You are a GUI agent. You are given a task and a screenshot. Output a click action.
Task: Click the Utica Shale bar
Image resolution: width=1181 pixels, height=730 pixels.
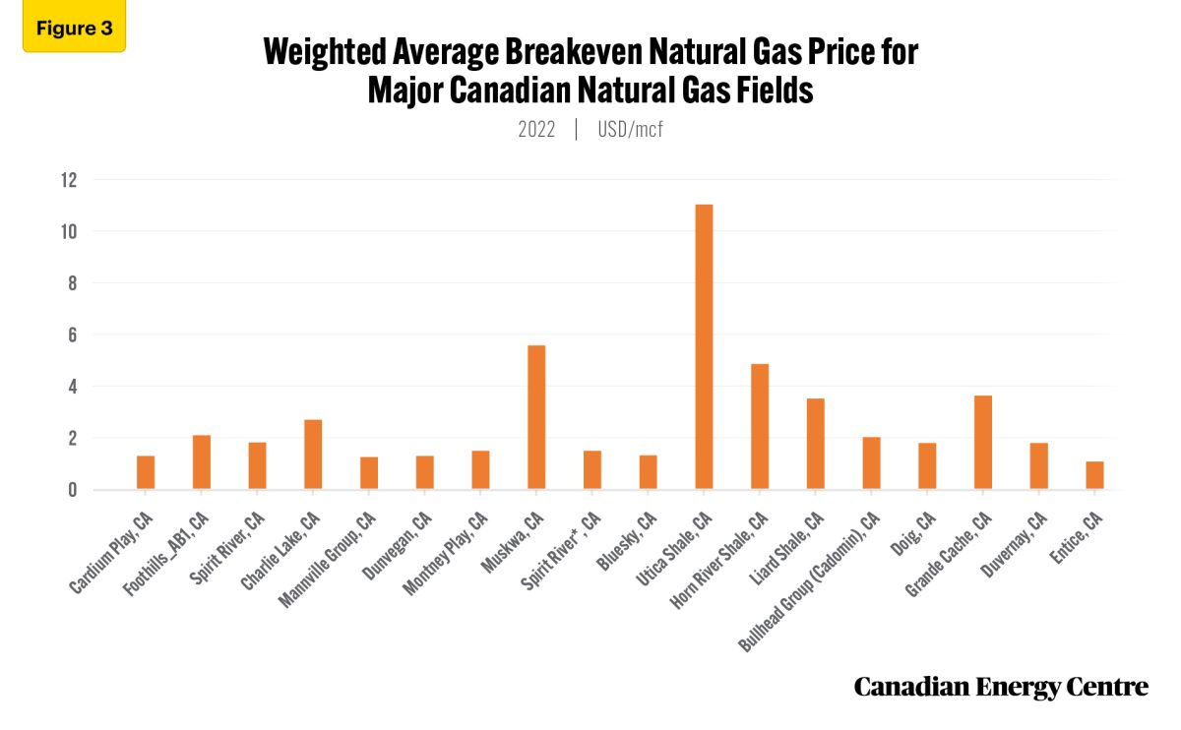tap(704, 346)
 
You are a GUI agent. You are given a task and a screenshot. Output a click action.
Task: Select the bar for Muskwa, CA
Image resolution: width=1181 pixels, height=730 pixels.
tap(536, 417)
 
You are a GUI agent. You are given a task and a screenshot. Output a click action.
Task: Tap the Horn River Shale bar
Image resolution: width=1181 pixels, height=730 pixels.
tap(759, 426)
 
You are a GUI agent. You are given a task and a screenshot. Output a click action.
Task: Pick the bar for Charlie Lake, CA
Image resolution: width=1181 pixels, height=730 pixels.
tap(313, 454)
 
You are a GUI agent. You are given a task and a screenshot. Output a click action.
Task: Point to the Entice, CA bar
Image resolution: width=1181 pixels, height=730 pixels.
tap(1094, 475)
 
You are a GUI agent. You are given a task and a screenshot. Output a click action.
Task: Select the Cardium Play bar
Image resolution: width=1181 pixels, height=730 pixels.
tap(146, 472)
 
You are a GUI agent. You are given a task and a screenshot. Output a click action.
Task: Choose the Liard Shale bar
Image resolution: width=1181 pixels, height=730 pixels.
tap(815, 444)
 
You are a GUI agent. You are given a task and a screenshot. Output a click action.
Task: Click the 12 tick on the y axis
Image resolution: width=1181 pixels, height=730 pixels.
tap(68, 180)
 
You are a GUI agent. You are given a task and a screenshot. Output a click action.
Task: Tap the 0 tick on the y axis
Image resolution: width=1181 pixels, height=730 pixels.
tap(71, 490)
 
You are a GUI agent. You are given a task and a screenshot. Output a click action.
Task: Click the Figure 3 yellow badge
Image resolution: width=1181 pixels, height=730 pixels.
tap(74, 28)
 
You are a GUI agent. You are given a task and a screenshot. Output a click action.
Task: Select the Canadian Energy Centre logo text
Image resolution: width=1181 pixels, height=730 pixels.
tap(1000, 687)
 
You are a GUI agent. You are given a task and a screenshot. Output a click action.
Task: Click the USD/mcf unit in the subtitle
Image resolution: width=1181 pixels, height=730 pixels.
tap(630, 129)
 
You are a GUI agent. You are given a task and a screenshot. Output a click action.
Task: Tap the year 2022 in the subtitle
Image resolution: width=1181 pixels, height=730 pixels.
tap(536, 129)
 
